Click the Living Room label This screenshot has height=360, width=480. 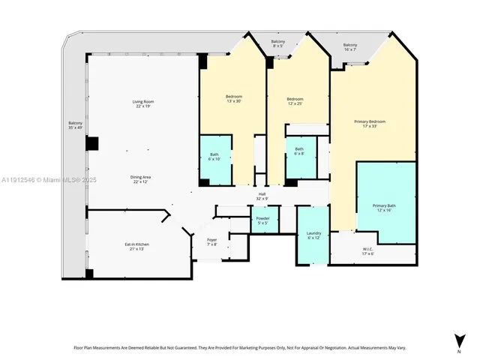coord(142,103)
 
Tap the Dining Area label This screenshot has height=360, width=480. coord(142,179)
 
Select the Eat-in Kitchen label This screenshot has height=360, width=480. coord(136,246)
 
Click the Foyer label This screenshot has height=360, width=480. coord(212,241)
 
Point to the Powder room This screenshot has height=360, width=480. coord(263,220)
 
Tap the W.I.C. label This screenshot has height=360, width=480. coord(367,251)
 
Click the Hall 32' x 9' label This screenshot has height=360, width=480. coord(262,196)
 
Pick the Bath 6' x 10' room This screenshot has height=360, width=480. coord(214,157)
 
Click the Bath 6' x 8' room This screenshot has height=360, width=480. coord(299,151)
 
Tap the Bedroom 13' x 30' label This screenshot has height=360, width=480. coord(234,99)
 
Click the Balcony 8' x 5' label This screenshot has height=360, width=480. coord(277,43)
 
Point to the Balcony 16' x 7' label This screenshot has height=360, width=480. coord(350,47)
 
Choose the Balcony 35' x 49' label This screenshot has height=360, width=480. coord(76,125)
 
